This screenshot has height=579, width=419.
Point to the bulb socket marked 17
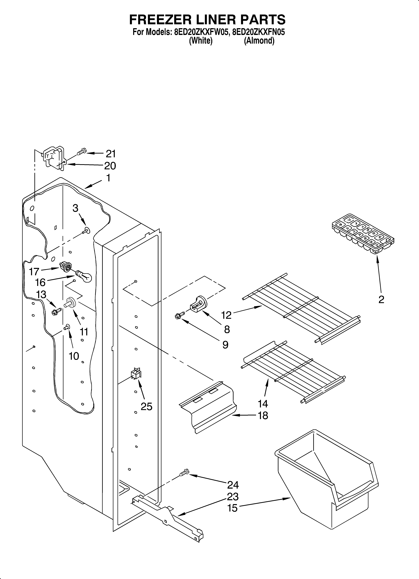(x=65, y=267)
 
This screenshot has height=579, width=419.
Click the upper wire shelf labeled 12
(x=301, y=309)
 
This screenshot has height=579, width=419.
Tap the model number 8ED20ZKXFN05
(x=259, y=32)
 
